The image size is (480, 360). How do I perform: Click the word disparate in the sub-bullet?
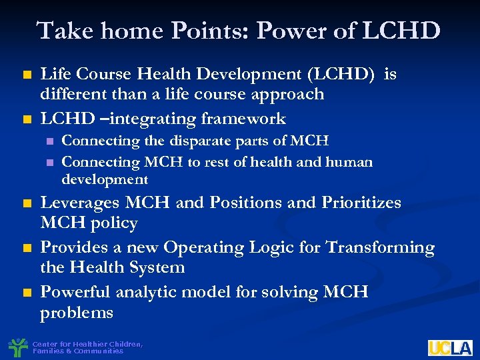183,141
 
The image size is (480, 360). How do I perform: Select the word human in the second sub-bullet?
349,161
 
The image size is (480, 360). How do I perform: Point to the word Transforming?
379,247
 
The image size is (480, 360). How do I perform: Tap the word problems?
76,313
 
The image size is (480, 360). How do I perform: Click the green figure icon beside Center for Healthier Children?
17,347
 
